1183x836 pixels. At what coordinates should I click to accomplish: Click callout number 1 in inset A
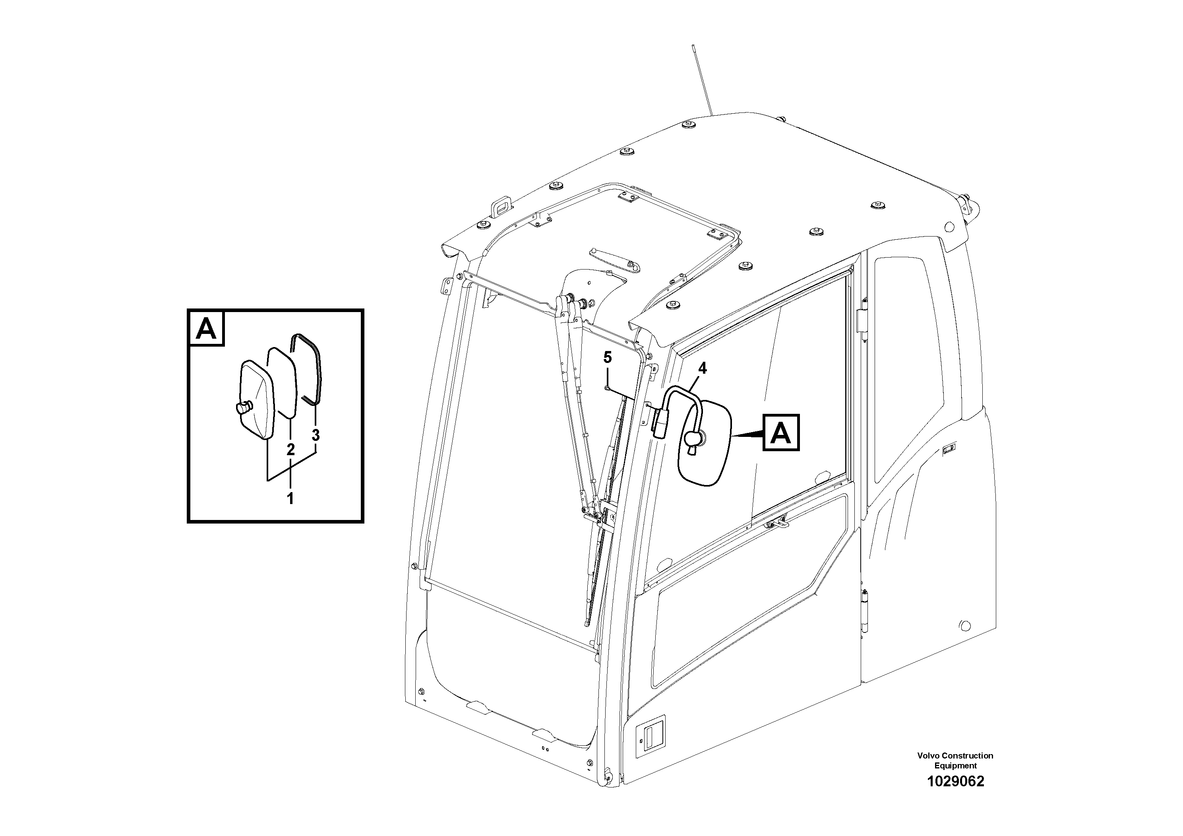[x=290, y=498]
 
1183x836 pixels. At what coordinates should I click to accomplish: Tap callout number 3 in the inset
[x=316, y=436]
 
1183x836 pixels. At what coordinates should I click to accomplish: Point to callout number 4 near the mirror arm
[x=703, y=369]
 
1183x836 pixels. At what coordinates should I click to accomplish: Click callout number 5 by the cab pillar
[x=608, y=357]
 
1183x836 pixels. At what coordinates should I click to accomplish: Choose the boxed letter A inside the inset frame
[x=207, y=328]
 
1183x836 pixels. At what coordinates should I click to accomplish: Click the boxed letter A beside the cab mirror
[x=781, y=433]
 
